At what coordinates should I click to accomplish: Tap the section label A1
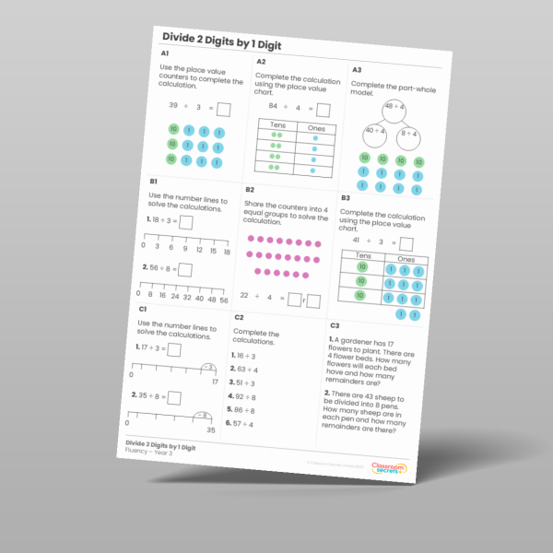165,55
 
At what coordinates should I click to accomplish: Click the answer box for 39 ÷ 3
222,110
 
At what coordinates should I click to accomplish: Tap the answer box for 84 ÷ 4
323,111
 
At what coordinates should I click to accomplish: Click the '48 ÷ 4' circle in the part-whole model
394,108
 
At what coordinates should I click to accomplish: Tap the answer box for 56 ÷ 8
185,270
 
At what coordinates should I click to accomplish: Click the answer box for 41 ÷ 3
406,244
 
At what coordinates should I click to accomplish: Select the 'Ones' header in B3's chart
406,260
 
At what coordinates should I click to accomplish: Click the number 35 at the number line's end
211,430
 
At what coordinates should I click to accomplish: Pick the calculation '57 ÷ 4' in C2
245,424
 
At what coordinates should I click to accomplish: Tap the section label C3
335,325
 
